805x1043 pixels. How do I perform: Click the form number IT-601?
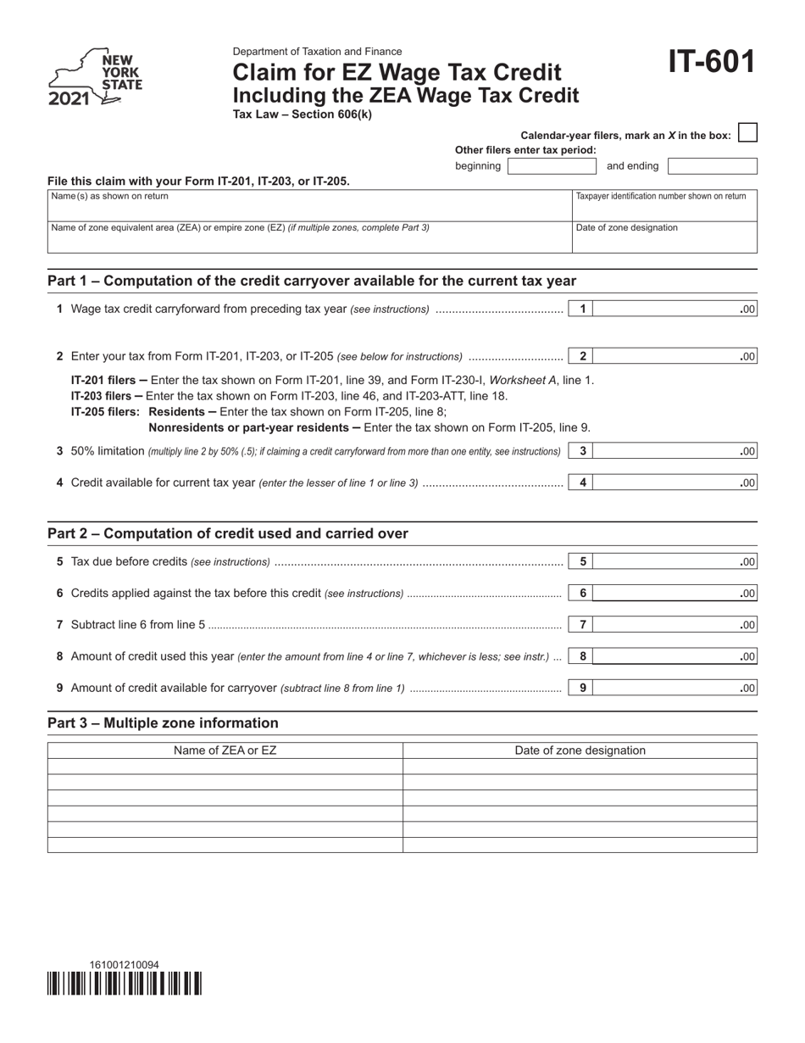710,64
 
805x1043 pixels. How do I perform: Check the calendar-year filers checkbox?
747,133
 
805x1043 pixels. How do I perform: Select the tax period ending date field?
712,166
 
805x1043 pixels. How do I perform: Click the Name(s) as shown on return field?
309,205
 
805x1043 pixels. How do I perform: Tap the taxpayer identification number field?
664,205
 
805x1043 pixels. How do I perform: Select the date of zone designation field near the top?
664,237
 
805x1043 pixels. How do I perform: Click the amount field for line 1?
674,310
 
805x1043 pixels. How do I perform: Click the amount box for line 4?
674,483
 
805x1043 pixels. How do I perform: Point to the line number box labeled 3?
582,451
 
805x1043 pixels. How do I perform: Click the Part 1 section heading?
312,281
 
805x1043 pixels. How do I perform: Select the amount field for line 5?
674,561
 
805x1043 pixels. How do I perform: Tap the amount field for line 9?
674,689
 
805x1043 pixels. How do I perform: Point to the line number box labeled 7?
582,625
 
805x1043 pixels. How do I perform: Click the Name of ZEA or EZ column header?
225,750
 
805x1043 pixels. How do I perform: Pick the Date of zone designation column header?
580,750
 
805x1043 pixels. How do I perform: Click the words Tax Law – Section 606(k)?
302,114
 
